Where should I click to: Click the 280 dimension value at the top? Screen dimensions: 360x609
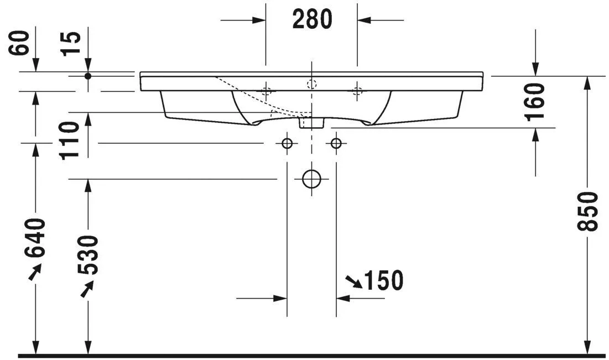312,20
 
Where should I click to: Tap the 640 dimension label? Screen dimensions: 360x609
35,238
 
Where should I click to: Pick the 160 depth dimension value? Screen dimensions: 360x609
536,101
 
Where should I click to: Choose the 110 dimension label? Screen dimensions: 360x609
71,140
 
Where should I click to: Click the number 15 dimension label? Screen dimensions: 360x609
71,43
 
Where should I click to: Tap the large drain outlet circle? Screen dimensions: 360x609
312,179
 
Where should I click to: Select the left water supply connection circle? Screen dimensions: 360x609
287,143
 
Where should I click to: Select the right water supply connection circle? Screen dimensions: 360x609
336,143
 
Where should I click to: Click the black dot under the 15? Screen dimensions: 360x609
87,76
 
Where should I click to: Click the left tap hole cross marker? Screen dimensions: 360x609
267,91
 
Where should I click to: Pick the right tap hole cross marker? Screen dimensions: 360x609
357,91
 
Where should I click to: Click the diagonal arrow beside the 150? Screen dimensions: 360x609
353,282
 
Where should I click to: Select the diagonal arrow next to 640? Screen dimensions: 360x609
34,272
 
